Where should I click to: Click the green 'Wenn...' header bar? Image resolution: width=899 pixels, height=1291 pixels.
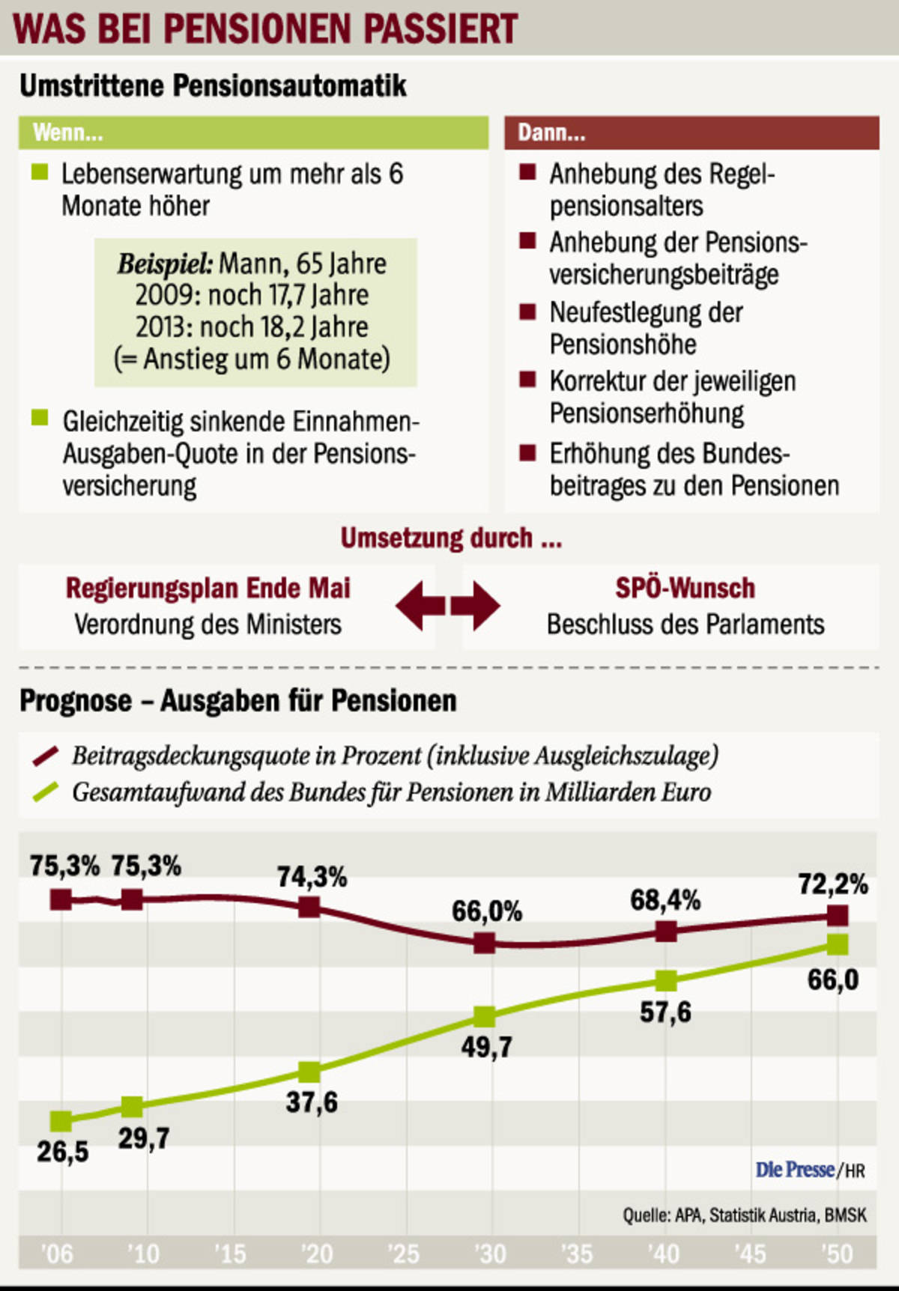[x=253, y=133]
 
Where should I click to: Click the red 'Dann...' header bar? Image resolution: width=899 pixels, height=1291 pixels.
[x=691, y=133]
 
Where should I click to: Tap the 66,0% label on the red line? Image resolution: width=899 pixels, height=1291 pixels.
[x=486, y=911]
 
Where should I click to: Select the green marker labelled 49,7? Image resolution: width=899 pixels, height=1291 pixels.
[x=485, y=1017]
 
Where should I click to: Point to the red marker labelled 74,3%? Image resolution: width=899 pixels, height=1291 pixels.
[x=309, y=908]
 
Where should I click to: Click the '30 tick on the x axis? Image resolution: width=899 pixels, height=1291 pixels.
[x=491, y=1254]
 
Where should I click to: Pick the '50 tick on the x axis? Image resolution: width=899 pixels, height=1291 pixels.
[x=837, y=1254]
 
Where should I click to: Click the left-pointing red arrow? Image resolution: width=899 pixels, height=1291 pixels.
[x=420, y=605]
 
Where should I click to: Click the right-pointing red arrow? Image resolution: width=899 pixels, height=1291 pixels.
[x=476, y=605]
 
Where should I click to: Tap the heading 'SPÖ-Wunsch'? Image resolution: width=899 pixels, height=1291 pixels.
[x=685, y=588]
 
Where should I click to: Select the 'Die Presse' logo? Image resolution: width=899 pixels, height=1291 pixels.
[x=795, y=1169]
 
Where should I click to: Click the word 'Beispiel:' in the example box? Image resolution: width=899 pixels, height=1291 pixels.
[x=165, y=264]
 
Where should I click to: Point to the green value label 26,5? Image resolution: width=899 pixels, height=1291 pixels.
[x=63, y=1152]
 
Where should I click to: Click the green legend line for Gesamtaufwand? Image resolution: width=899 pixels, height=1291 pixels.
[x=46, y=792]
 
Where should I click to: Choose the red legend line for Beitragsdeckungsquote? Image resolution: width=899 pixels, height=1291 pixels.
[x=46, y=756]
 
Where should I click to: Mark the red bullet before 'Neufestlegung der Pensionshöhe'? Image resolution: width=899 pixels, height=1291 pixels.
[x=527, y=312]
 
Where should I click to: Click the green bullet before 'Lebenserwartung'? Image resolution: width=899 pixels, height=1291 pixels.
[x=40, y=172]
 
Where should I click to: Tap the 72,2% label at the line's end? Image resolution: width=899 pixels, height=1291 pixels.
[x=832, y=884]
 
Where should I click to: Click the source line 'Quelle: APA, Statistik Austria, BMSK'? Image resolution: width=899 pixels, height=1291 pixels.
[x=744, y=1215]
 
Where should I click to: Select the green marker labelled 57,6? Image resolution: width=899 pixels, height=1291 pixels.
[x=666, y=980]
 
